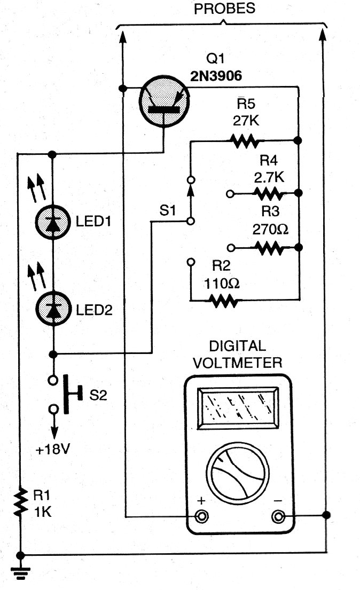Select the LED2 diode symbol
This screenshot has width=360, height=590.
pyautogui.click(x=53, y=309)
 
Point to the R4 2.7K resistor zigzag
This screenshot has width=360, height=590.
pyautogui.click(x=268, y=193)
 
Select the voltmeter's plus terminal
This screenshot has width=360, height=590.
pyautogui.click(x=202, y=516)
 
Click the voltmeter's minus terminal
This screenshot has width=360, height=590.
pyautogui.click(x=278, y=516)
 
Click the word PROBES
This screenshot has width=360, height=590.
pyautogui.click(x=224, y=9)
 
